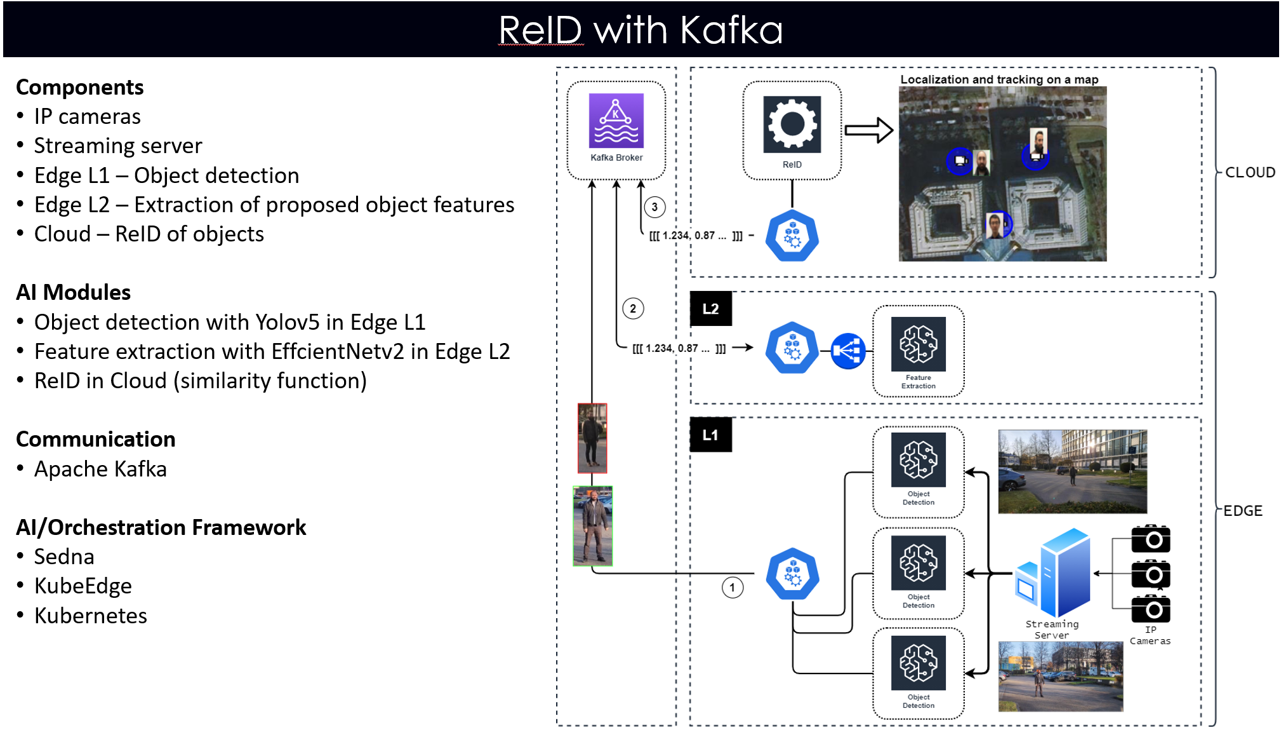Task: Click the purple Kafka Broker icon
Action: coord(616,121)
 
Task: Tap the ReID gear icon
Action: coord(792,125)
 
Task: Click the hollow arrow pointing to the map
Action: coord(869,130)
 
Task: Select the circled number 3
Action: coord(654,207)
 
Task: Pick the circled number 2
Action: coord(633,309)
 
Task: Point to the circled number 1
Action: coord(732,587)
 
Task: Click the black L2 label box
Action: coord(710,309)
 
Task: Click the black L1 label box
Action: coord(710,435)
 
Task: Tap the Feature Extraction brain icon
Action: coord(918,344)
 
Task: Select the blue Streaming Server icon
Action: coord(1054,573)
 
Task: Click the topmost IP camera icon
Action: coord(1150,539)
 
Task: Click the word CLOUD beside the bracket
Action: coord(1249,173)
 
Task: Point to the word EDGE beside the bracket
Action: coord(1242,511)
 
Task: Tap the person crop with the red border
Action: coord(592,438)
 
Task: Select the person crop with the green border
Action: coord(592,526)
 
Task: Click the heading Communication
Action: coord(95,439)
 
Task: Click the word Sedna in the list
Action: coord(64,557)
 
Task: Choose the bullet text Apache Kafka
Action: coord(100,469)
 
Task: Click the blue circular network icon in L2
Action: coord(847,351)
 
